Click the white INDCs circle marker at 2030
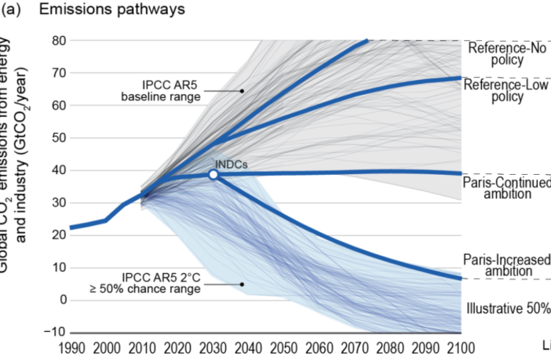213,174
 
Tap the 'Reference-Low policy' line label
507,90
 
